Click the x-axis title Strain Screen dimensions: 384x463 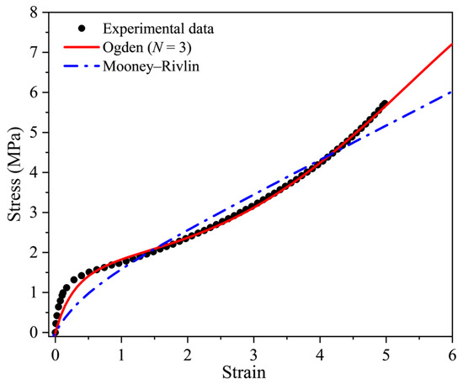(x=253, y=371)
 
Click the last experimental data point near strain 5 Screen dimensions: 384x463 (x=386, y=103)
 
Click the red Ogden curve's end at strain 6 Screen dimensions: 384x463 (x=452, y=45)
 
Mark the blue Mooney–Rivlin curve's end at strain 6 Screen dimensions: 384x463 (x=452, y=92)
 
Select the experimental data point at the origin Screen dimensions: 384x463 (x=55, y=332)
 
